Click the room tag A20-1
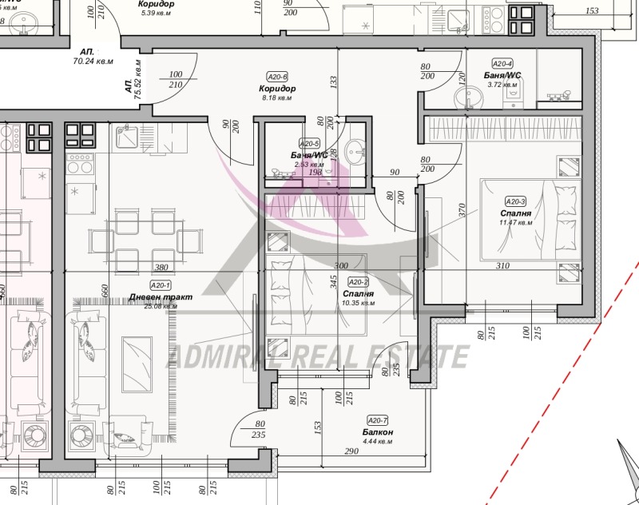161,285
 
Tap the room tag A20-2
358,282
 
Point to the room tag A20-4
502,64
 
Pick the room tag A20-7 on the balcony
377,420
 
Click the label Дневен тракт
161,296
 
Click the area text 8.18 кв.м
277,98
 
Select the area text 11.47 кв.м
515,223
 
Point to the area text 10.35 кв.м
357,304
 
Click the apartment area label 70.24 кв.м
93,61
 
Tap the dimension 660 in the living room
104,290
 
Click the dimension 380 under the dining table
161,268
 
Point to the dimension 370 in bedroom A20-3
462,211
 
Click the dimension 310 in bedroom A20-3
524,266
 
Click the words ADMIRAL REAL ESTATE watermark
316,356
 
